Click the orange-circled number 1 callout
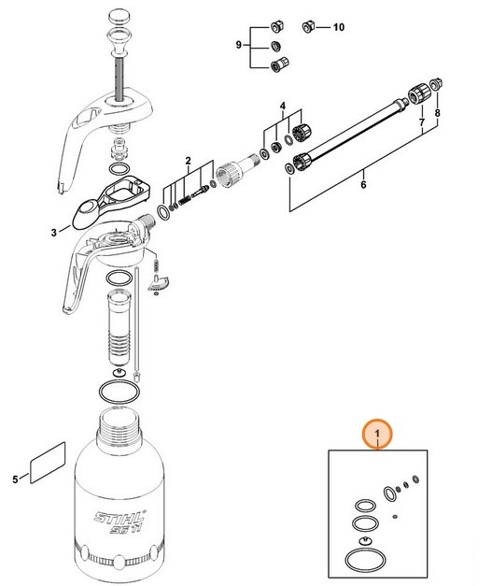tap(377, 434)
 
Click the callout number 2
tap(188, 162)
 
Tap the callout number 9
tap(237, 44)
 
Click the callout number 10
tap(339, 28)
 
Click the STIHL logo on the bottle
tap(114, 518)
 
